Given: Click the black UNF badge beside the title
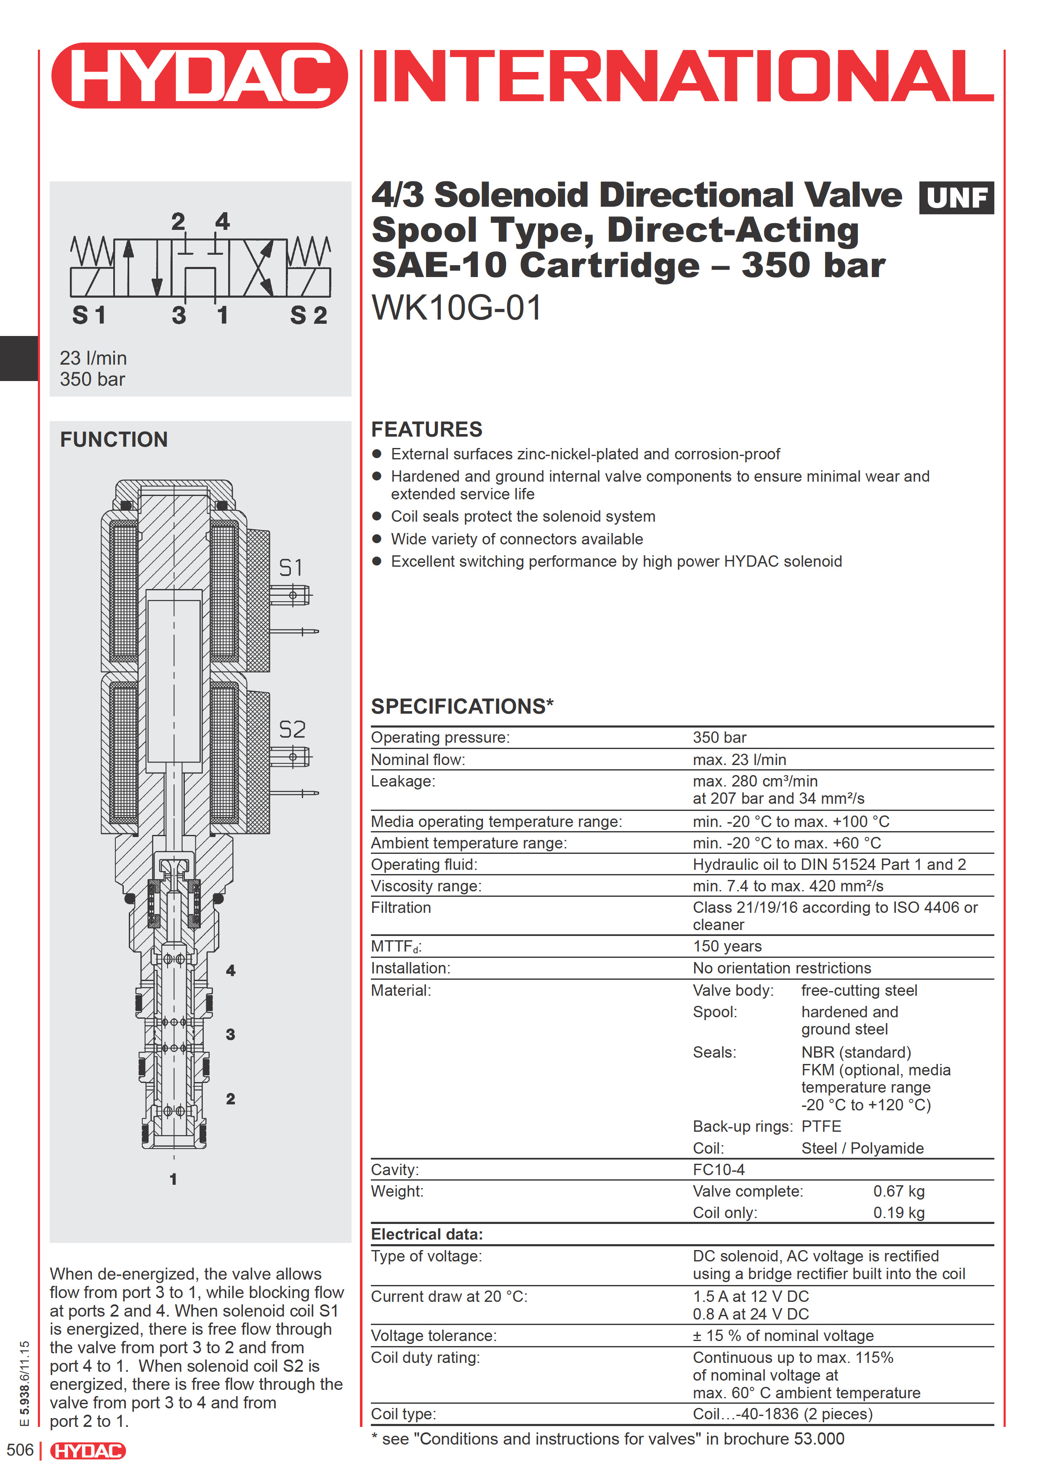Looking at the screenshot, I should (956, 198).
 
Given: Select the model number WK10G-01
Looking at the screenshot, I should (457, 307).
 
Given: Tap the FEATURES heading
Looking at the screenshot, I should (426, 429).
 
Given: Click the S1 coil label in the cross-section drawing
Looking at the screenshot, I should (291, 568).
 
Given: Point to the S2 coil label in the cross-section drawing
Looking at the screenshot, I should (292, 730).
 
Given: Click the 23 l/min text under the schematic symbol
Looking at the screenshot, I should (93, 358).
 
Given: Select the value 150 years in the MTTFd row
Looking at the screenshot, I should (727, 946).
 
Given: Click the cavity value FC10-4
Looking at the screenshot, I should (719, 1170).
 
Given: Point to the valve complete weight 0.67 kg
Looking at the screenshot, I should (899, 1192).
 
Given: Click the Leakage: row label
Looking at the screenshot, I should (403, 781).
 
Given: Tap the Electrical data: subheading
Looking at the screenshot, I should (426, 1234).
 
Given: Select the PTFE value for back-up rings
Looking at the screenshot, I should (821, 1126).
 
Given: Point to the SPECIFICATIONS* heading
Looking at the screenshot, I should (462, 707).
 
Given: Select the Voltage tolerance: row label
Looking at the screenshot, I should (434, 1336).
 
